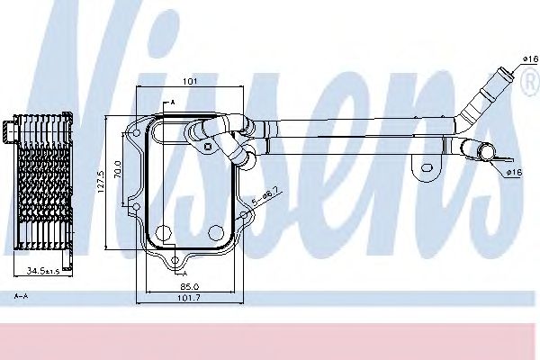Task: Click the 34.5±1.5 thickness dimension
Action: (40, 270)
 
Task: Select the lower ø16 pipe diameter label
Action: (515, 172)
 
